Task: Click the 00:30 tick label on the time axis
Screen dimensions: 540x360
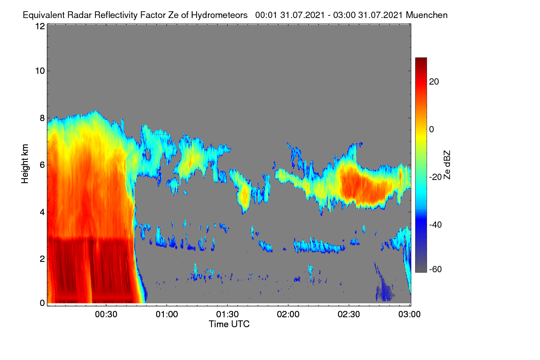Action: click(106, 315)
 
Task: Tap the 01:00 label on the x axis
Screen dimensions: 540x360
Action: click(167, 315)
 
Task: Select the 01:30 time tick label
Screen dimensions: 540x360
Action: click(227, 315)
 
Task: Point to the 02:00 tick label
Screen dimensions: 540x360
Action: click(288, 315)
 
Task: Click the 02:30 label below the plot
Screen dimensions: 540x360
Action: click(349, 315)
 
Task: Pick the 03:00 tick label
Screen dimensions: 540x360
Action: click(409, 315)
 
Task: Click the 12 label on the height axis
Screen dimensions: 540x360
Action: click(40, 26)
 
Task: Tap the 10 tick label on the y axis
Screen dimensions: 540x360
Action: click(40, 71)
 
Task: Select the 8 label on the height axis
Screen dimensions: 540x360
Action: click(42, 118)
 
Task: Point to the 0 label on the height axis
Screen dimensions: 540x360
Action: click(42, 303)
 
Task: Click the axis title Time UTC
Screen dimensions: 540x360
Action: click(229, 324)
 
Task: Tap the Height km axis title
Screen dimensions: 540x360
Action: click(25, 164)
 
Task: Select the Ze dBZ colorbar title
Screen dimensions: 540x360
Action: click(447, 165)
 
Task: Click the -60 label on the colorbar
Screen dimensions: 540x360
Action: click(436, 270)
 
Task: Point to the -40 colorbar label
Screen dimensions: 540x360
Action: click(436, 225)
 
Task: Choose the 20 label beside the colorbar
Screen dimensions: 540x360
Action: click(434, 82)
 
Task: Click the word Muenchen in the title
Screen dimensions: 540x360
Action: click(427, 15)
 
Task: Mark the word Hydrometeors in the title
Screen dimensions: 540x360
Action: click(220, 15)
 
